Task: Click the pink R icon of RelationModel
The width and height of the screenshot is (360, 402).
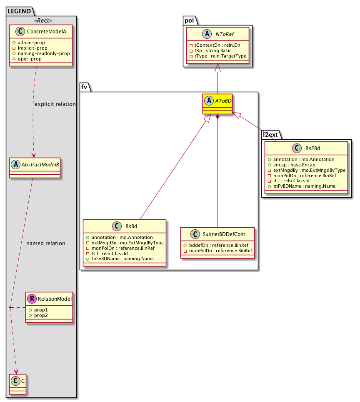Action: point(32,299)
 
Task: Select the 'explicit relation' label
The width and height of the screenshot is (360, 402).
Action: point(54,104)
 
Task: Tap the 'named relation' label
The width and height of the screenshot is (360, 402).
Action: point(45,243)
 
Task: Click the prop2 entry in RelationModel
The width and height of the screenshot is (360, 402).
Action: point(37,316)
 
